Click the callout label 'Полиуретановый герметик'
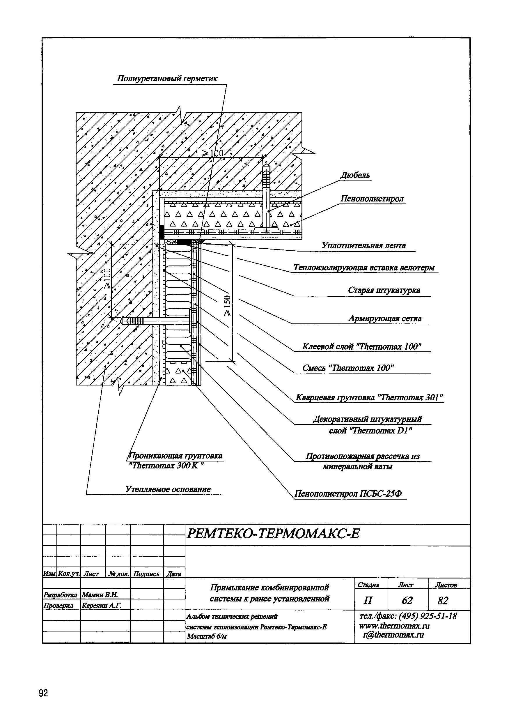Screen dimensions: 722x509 pyautogui.click(x=167, y=79)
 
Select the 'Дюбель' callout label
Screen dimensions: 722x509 pyautogui.click(x=355, y=176)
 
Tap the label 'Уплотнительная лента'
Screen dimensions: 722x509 pyautogui.click(x=364, y=246)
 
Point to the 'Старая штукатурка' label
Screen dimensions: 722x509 pyautogui.click(x=384, y=290)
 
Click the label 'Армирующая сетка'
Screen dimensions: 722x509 pyautogui.click(x=385, y=318)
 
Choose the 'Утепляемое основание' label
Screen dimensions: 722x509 pyautogui.click(x=168, y=489)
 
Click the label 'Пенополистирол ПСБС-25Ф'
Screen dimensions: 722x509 pyautogui.click(x=348, y=494)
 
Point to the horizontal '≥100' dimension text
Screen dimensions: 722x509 pyautogui.click(x=213, y=153)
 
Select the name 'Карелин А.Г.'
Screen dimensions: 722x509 pyautogui.click(x=101, y=605)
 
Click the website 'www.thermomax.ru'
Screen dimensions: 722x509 pyautogui.click(x=394, y=626)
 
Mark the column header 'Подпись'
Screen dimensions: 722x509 pyautogui.click(x=146, y=574)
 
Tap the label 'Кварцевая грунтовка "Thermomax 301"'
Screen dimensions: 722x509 pyautogui.click(x=369, y=398)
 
